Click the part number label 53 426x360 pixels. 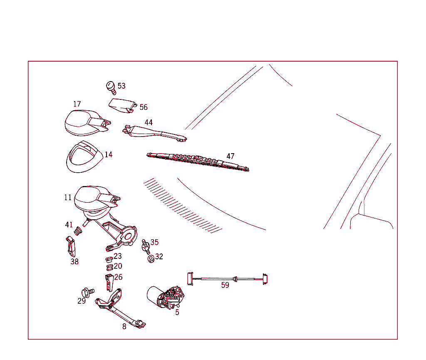[121, 86]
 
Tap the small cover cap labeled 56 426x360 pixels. [123, 105]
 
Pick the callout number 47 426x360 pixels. [230, 156]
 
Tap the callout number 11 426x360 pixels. [68, 198]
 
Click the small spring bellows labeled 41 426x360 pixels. [78, 230]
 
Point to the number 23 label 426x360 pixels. [118, 256]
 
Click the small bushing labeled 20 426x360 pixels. [109, 266]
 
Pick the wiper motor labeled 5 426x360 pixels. [166, 298]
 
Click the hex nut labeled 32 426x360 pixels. [151, 258]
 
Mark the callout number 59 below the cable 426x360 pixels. [225, 285]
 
